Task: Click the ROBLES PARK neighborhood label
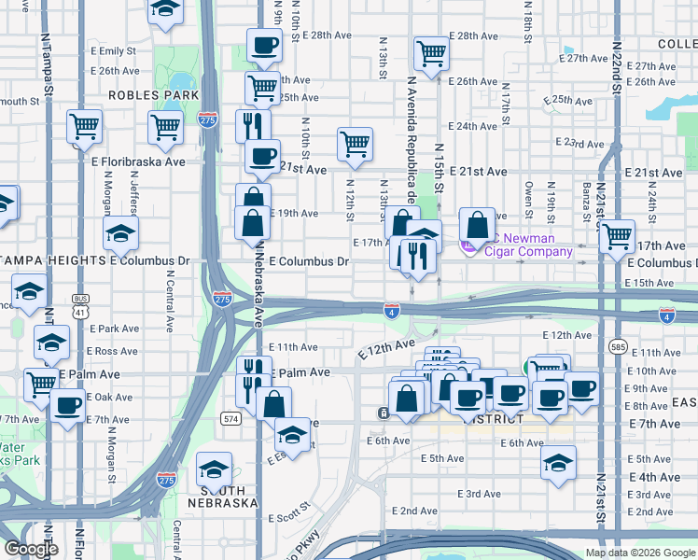tap(153, 95)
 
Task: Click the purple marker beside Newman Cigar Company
tap(468, 245)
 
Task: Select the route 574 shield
tap(231, 419)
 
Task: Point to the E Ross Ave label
tap(112, 351)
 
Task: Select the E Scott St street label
tap(289, 517)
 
